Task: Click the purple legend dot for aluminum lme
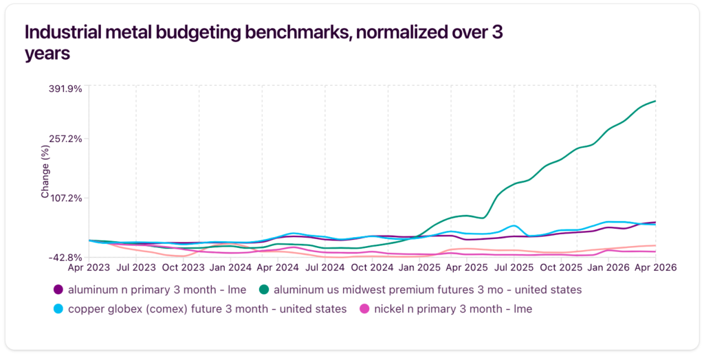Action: coord(58,290)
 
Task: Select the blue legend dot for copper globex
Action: coord(58,309)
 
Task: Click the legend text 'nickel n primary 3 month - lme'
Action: coord(453,309)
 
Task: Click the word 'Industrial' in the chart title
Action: coord(63,32)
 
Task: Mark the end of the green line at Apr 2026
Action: coord(655,101)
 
